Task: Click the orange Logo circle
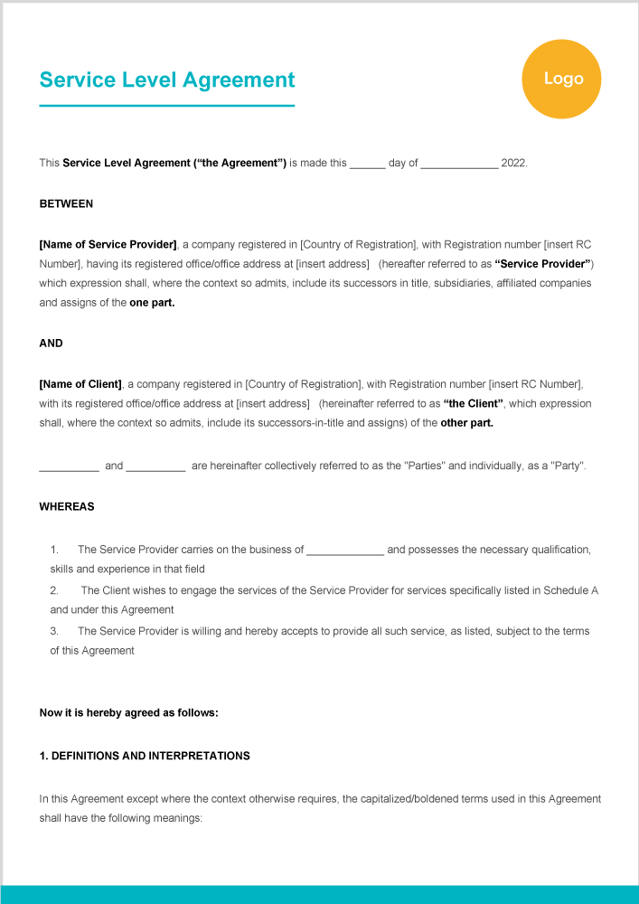click(561, 80)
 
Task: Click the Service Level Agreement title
click(167, 80)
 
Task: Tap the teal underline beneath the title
click(167, 106)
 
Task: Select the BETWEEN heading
click(66, 204)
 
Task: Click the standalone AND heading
click(52, 344)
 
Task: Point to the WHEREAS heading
click(67, 507)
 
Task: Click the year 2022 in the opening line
click(512, 164)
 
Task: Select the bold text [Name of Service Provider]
click(108, 245)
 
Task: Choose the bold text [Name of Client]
click(80, 384)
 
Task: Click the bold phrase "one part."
click(152, 304)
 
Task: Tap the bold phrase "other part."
click(466, 423)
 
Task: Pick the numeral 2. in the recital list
click(54, 590)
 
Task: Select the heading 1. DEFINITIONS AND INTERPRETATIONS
click(145, 756)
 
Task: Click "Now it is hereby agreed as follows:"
click(128, 712)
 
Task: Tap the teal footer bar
click(319, 894)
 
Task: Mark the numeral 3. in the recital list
click(54, 631)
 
